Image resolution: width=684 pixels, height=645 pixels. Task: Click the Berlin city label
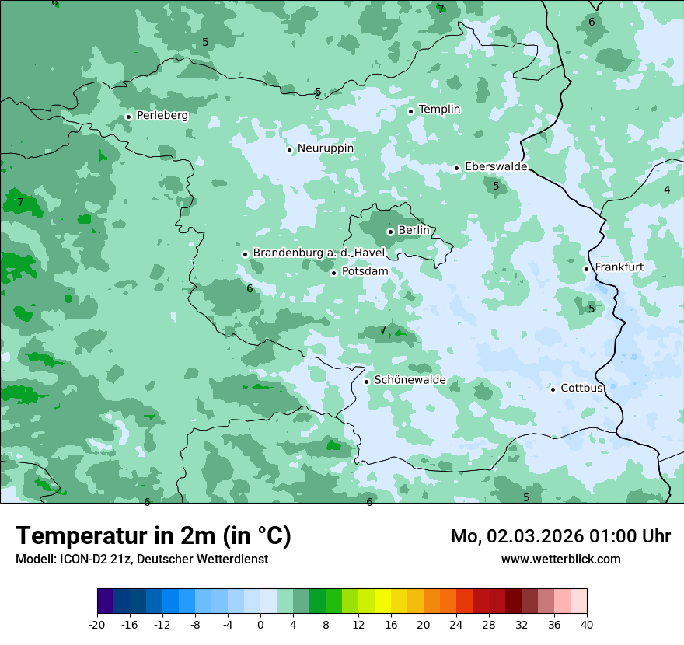pos(414,231)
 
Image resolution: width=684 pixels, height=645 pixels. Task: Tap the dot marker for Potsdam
pos(333,273)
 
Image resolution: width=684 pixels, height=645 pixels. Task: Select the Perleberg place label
pos(162,115)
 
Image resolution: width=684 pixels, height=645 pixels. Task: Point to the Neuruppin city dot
pos(289,150)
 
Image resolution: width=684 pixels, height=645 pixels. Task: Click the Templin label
pos(439,110)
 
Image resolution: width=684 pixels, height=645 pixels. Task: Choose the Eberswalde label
pos(496,166)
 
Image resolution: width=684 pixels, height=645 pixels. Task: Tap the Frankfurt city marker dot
pos(586,270)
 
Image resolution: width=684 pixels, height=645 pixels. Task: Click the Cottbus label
pos(582,388)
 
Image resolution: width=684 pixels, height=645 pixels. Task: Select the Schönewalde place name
pos(410,380)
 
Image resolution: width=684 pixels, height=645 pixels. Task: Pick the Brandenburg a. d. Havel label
pos(319,253)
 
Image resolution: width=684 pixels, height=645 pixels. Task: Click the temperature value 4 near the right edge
pos(667,190)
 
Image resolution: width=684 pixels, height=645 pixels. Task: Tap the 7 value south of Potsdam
pos(383,330)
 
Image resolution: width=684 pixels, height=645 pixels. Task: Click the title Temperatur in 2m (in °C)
pos(153,535)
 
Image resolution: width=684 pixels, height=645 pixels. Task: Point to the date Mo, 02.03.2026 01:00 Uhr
pos(560,536)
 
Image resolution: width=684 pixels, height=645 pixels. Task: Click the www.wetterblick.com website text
pos(560,559)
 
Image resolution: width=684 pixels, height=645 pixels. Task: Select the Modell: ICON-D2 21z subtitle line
pos(141,559)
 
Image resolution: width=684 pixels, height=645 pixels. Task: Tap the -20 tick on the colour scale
pos(97,624)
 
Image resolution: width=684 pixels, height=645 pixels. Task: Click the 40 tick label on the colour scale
pos(587,624)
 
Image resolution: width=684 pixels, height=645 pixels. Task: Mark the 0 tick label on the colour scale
pos(260,624)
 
